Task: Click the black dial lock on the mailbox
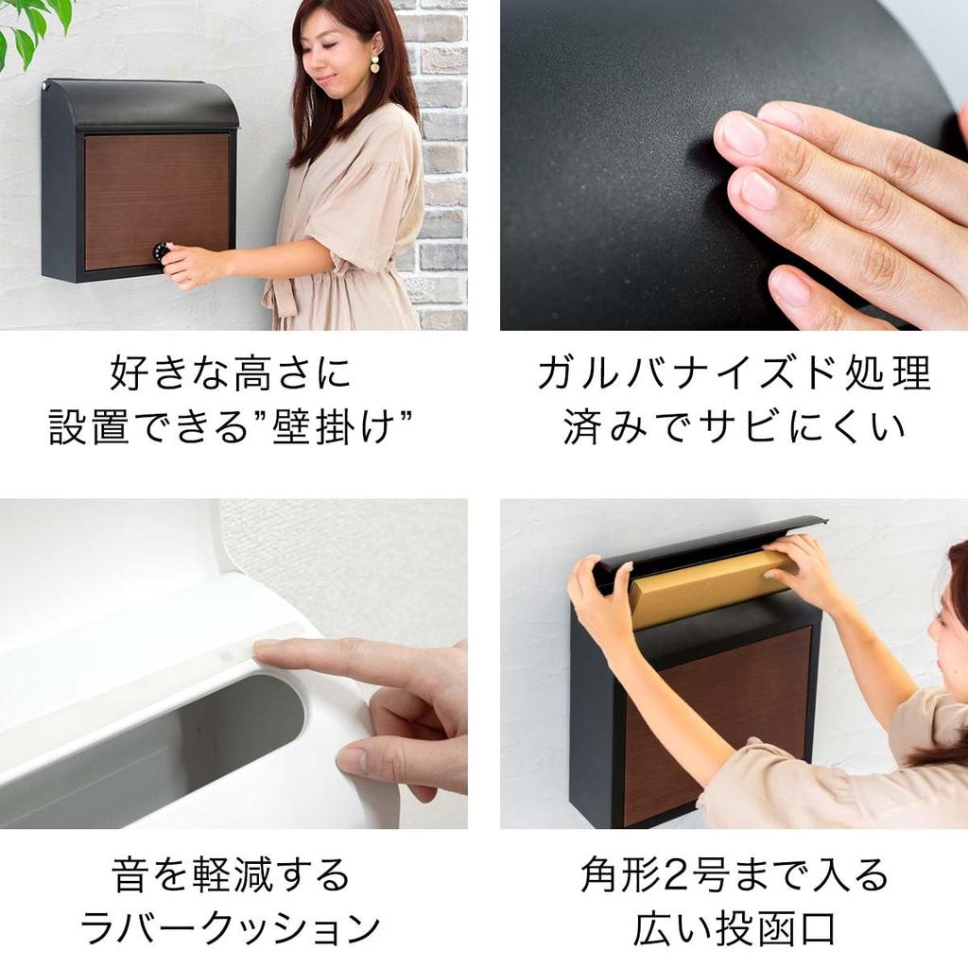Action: point(162,252)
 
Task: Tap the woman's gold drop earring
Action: point(374,64)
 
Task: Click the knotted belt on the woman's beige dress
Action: point(284,298)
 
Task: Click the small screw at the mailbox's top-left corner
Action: point(44,86)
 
